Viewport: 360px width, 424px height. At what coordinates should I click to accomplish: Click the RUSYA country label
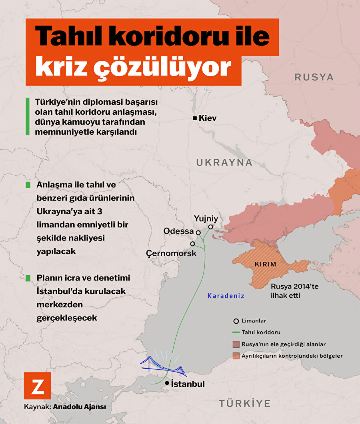pyautogui.click(x=314, y=77)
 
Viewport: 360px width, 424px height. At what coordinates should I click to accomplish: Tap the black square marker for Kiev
pyautogui.click(x=195, y=118)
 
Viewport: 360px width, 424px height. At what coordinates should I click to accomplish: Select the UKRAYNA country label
pyautogui.click(x=224, y=162)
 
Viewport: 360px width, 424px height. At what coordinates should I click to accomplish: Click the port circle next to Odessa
pyautogui.click(x=198, y=232)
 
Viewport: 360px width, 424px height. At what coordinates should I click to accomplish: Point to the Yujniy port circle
pyautogui.click(x=210, y=227)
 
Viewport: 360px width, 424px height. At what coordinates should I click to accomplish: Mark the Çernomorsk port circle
pyautogui.click(x=192, y=243)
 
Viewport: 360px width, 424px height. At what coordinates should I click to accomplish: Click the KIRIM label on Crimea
pyautogui.click(x=265, y=265)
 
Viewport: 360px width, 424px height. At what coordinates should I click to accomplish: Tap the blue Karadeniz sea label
pyautogui.click(x=226, y=296)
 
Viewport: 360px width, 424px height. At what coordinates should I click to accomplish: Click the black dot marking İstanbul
pyautogui.click(x=167, y=383)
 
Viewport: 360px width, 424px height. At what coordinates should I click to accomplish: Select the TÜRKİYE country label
pyautogui.click(x=245, y=403)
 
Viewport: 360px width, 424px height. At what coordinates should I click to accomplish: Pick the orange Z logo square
pyautogui.click(x=38, y=386)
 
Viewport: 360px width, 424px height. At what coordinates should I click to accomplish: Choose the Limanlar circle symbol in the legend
pyautogui.click(x=236, y=321)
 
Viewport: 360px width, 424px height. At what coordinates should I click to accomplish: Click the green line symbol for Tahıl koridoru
pyautogui.click(x=236, y=332)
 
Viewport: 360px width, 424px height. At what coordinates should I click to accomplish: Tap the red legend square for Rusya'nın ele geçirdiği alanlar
pyautogui.click(x=236, y=344)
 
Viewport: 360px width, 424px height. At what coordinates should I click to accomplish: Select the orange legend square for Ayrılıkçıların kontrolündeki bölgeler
pyautogui.click(x=236, y=355)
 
